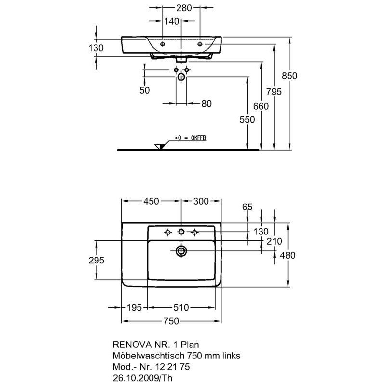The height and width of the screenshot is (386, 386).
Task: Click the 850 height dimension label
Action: click(289, 76)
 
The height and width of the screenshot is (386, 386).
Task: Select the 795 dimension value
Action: click(274, 92)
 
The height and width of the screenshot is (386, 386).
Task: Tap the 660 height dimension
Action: click(261, 106)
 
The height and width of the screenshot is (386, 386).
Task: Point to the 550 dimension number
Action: click(247, 119)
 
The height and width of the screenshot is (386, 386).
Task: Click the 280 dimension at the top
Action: click(184, 8)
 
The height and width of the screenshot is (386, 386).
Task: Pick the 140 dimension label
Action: click(172, 21)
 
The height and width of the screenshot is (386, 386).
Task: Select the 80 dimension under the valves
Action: click(207, 104)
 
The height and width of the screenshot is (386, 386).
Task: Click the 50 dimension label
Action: click(144, 90)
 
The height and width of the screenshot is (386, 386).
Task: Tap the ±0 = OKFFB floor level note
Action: click(190, 138)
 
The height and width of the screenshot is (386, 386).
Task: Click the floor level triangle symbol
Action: click(160, 147)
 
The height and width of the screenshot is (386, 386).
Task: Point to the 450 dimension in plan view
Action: click(151, 201)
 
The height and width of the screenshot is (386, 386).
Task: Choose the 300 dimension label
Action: click(201, 201)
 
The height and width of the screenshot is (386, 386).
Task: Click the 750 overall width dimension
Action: click(171, 321)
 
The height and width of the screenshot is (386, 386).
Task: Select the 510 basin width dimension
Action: click(181, 307)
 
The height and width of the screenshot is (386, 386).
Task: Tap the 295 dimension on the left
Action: click(96, 260)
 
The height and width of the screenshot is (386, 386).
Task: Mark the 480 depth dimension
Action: click(288, 255)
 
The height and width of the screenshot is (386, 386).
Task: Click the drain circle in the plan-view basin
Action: click(181, 251)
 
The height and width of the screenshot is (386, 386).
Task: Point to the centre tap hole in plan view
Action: click(181, 232)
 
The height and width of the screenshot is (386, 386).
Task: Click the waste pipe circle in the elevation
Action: click(181, 77)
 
